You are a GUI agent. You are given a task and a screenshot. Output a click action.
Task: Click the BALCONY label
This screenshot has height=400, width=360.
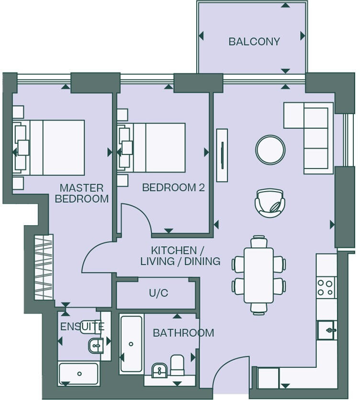[x=254, y=42]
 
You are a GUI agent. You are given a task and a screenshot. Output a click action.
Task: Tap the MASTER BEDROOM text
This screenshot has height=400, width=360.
[x=82, y=194]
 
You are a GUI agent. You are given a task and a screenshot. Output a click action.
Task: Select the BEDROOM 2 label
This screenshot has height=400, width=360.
[x=173, y=187]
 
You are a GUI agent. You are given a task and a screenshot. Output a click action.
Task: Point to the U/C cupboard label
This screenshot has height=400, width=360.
[x=158, y=293]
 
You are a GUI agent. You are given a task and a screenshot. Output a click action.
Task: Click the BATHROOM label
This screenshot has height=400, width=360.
[x=183, y=333]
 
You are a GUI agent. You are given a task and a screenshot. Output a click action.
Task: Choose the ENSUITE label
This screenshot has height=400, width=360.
[x=82, y=327]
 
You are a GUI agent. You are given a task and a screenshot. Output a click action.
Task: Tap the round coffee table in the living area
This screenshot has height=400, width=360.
[x=270, y=149]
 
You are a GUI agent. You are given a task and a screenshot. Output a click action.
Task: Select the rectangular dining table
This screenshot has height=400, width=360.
[x=259, y=275]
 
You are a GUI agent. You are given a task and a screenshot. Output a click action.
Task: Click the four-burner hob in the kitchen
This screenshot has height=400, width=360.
[x=326, y=287]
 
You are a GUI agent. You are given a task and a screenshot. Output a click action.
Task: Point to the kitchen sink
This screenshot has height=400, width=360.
[x=327, y=330]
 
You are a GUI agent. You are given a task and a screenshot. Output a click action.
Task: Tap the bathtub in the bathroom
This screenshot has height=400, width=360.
[x=131, y=343]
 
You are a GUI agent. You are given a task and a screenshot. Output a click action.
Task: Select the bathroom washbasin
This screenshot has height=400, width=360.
[x=159, y=370]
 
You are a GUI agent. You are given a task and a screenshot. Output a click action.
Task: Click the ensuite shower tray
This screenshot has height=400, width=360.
[x=79, y=374]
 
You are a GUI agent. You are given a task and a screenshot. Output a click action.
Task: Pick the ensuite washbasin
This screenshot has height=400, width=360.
[x=96, y=346]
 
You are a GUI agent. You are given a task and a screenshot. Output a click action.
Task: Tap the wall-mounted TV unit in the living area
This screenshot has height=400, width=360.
[x=222, y=155]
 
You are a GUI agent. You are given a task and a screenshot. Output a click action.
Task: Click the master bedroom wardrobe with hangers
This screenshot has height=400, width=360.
[x=44, y=267]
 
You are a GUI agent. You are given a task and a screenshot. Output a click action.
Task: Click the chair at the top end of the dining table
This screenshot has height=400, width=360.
[x=259, y=241]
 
